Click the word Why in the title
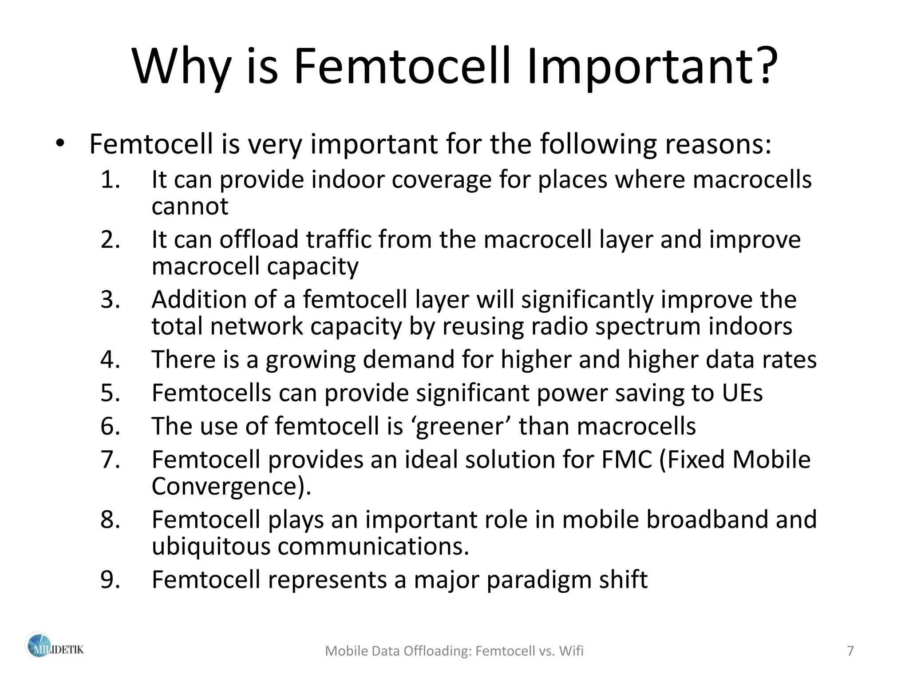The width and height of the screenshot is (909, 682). pyautogui.click(x=181, y=67)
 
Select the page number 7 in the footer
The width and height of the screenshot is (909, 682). pyautogui.click(x=850, y=651)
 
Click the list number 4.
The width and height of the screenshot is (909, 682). pyautogui.click(x=110, y=359)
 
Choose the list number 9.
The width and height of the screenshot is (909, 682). pyautogui.click(x=110, y=579)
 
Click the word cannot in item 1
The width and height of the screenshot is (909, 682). pyautogui.click(x=190, y=206)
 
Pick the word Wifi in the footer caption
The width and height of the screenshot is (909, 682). pyautogui.click(x=571, y=651)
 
